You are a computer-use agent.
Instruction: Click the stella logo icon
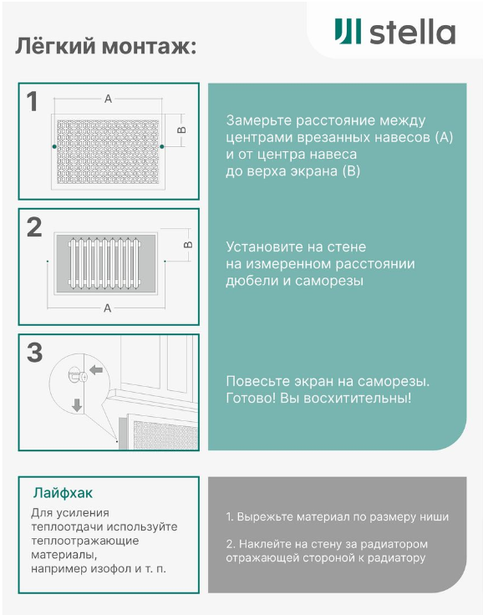[x=348, y=31]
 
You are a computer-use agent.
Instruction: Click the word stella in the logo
[x=412, y=32]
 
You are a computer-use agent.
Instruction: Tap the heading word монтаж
[x=149, y=46]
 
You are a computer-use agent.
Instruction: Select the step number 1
[x=33, y=102]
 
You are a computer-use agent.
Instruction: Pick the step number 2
[x=34, y=227]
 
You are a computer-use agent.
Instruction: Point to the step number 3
[x=34, y=353]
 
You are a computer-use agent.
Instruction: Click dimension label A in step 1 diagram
[x=108, y=99]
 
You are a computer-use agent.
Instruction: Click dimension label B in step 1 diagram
[x=181, y=130]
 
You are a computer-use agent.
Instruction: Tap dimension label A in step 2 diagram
[x=108, y=308]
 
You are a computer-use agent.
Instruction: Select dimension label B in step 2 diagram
[x=188, y=245]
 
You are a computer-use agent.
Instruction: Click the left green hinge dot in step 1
[x=54, y=147]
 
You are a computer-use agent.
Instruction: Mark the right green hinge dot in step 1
[x=161, y=147]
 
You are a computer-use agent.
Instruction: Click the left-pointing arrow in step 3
[x=96, y=369]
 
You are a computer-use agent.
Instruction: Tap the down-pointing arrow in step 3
[x=77, y=405]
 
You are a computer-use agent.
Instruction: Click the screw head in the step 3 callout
[x=84, y=377]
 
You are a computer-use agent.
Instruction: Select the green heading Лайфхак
[x=63, y=493]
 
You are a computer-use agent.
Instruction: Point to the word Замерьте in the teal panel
[x=259, y=120]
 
